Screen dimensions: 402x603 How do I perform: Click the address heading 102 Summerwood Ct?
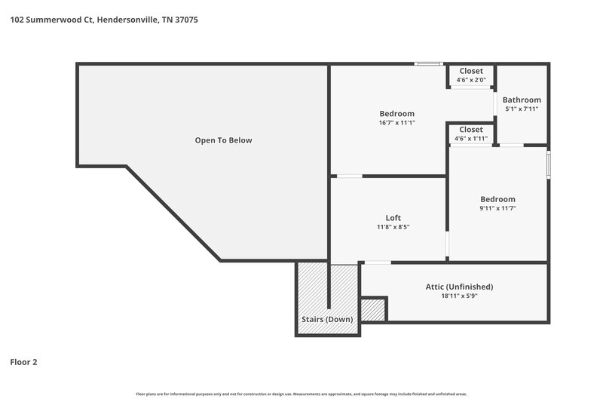[x=105, y=20]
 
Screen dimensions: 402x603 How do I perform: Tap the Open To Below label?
[x=223, y=140]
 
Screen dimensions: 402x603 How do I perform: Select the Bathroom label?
[x=522, y=100]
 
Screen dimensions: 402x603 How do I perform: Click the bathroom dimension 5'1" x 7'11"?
[x=522, y=109]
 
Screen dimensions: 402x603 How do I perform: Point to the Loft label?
[x=393, y=218]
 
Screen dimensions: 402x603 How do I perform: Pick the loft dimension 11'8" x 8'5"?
[x=393, y=227]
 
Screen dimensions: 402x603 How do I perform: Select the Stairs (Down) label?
[x=327, y=319]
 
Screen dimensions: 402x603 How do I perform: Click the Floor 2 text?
[x=23, y=362]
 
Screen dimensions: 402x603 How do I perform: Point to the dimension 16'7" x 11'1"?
[x=396, y=122]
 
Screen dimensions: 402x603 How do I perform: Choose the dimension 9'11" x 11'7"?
[x=497, y=208]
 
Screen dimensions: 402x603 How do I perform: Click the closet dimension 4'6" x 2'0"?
[x=471, y=79]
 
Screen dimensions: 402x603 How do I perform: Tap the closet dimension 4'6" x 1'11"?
[x=471, y=138]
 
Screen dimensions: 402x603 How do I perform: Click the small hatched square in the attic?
[x=372, y=309]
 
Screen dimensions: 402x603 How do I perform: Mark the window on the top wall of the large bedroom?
[x=430, y=64]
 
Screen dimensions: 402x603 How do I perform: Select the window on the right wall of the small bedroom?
[x=548, y=164]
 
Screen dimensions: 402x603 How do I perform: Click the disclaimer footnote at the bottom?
[x=301, y=394]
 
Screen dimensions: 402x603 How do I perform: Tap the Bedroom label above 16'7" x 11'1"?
[x=396, y=114]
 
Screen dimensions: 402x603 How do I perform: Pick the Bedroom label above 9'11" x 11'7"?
[x=497, y=199]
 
